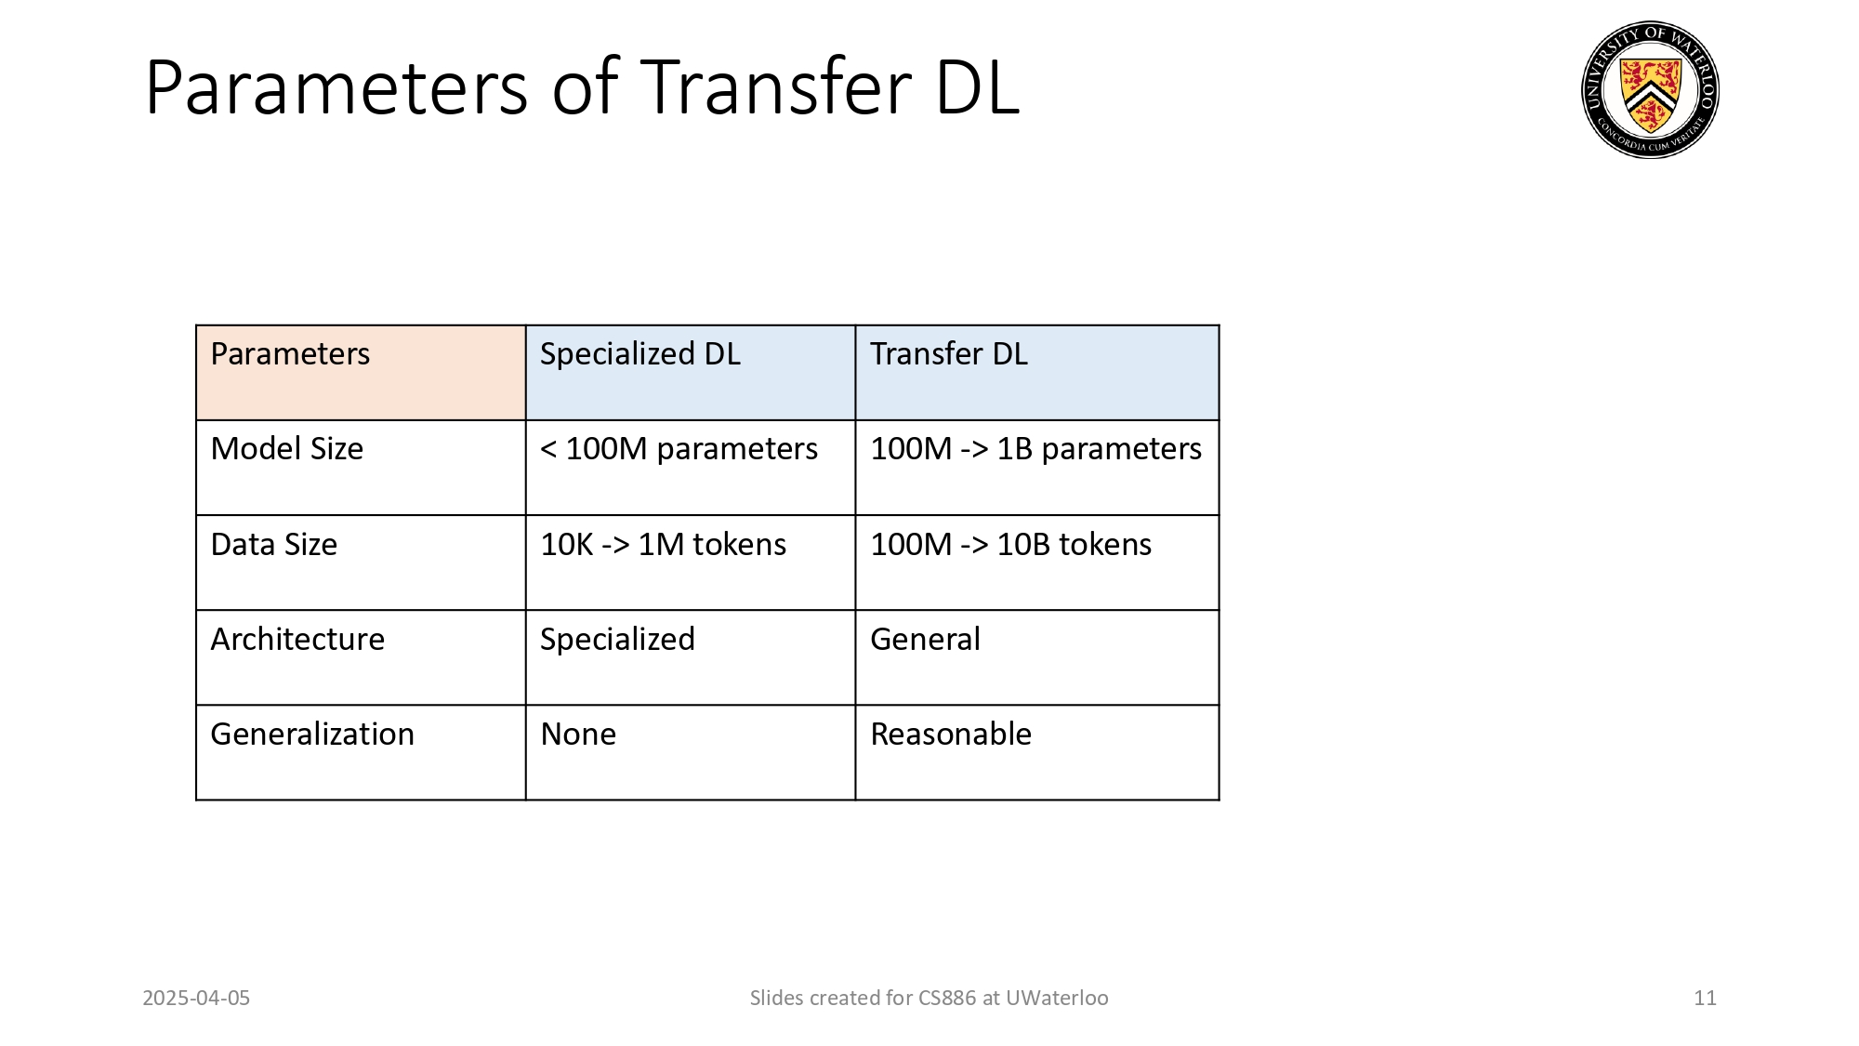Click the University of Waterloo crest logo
coord(1650,90)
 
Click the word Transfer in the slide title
coord(776,87)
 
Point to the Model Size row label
coord(286,449)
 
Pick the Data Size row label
coord(273,545)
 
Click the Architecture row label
coord(297,640)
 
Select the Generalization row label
coord(312,735)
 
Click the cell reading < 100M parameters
coord(679,449)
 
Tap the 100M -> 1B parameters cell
coord(1035,449)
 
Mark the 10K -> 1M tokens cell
coord(663,545)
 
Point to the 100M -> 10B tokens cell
coord(1010,545)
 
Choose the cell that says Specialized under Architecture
coord(617,640)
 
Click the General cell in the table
coord(925,640)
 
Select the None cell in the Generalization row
coord(578,735)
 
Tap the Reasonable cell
coord(951,735)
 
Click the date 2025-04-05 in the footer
coord(196,999)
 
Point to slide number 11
coord(1705,999)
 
